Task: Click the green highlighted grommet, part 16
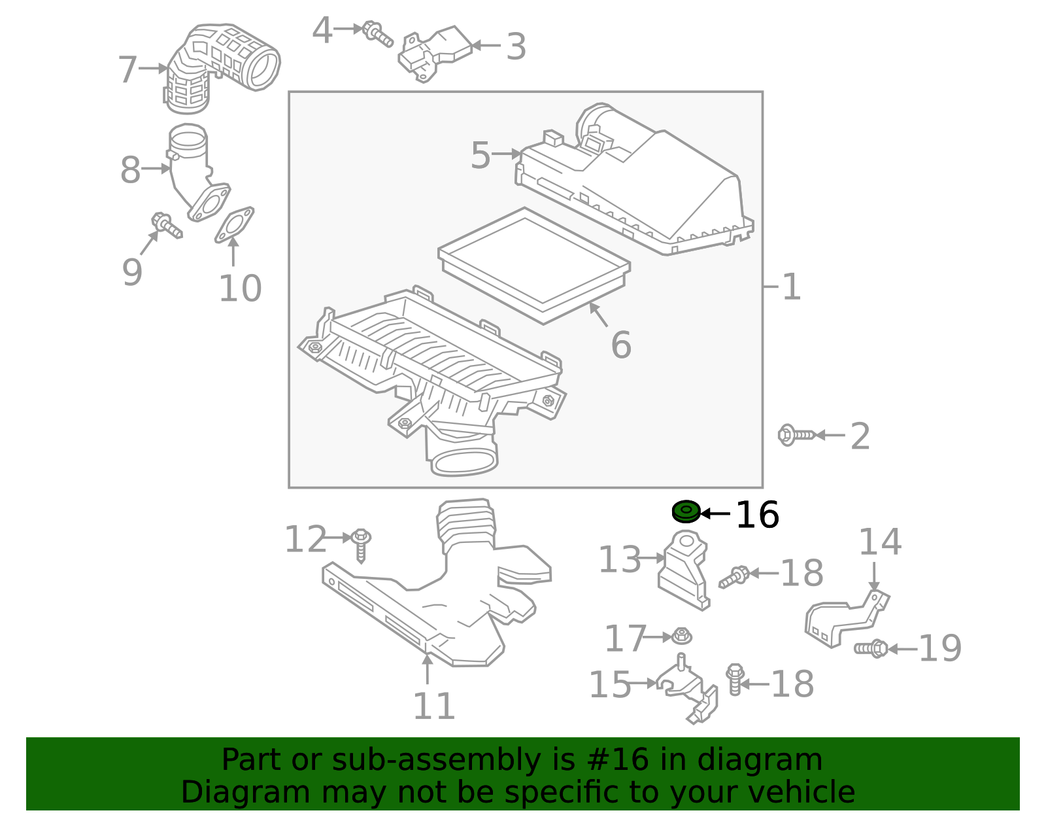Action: [686, 512]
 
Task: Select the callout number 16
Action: [757, 515]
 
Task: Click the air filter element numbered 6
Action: [534, 265]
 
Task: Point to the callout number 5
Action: [481, 156]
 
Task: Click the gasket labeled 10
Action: [234, 224]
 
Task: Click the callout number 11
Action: [433, 706]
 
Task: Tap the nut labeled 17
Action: [682, 636]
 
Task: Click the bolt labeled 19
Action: [871, 648]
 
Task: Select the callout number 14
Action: [879, 542]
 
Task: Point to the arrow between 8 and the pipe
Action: [156, 169]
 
